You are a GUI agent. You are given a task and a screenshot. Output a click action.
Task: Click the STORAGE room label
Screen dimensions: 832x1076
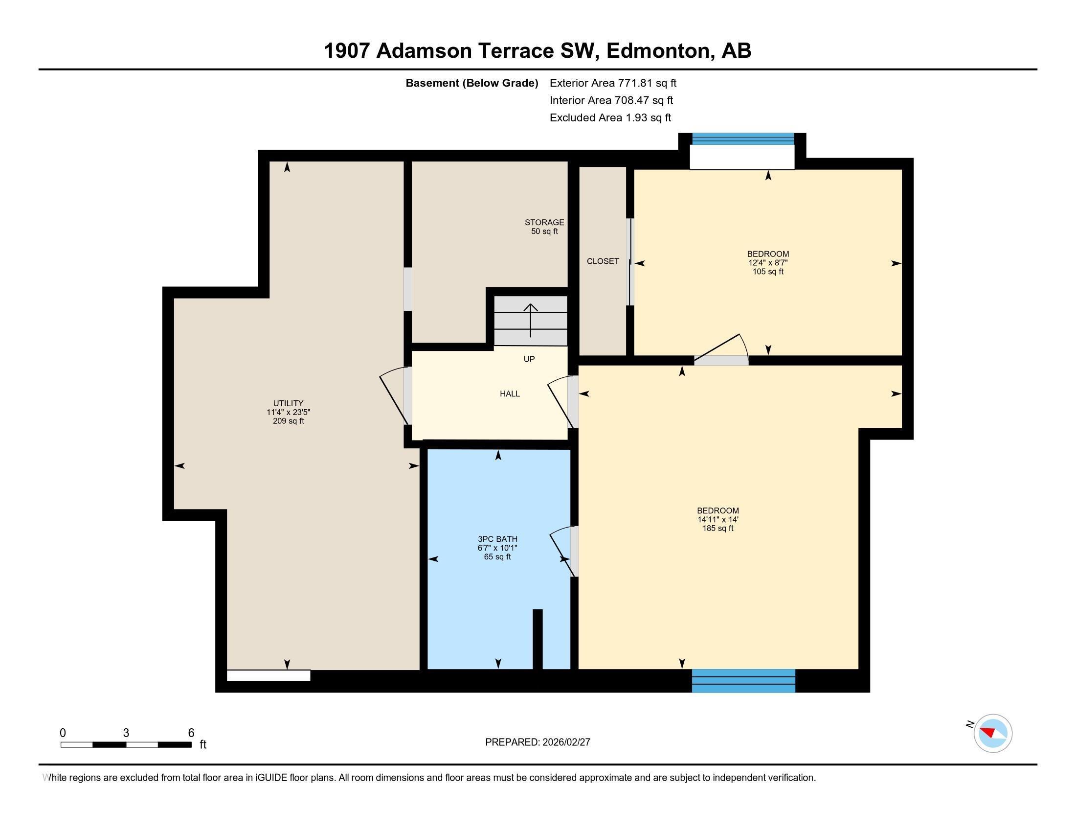(x=544, y=227)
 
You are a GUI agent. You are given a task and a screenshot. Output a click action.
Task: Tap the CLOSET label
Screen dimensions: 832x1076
(x=603, y=261)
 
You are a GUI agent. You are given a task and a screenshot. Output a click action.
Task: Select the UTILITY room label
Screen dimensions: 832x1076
(x=288, y=412)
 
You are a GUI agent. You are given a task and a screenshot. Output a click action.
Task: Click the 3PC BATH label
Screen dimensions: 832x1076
(x=497, y=548)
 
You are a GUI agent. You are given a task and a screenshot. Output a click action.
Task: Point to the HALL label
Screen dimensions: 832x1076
(x=510, y=394)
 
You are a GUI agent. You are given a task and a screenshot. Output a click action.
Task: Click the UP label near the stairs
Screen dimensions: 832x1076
(x=529, y=359)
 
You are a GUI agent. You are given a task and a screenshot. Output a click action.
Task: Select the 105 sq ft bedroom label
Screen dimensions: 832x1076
(x=767, y=263)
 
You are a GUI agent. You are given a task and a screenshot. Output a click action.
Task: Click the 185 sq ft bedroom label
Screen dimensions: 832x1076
(x=717, y=519)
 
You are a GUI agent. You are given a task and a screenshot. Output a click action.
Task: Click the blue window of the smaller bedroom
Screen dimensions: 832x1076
(x=743, y=139)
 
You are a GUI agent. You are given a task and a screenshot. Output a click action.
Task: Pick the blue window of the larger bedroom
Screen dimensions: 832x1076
(x=743, y=681)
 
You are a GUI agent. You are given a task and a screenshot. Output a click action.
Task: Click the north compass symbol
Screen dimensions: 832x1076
(x=992, y=733)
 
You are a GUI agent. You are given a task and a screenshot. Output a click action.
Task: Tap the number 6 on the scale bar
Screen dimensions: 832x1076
(x=191, y=733)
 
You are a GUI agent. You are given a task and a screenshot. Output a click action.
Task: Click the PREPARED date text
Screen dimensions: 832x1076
(x=538, y=742)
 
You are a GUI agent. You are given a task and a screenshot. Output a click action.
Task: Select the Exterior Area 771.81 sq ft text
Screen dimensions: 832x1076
(x=613, y=83)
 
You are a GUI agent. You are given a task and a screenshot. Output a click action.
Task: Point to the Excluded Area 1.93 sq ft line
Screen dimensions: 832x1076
(x=610, y=118)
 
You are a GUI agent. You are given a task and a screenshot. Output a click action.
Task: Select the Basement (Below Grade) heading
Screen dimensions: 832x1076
(x=471, y=83)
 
